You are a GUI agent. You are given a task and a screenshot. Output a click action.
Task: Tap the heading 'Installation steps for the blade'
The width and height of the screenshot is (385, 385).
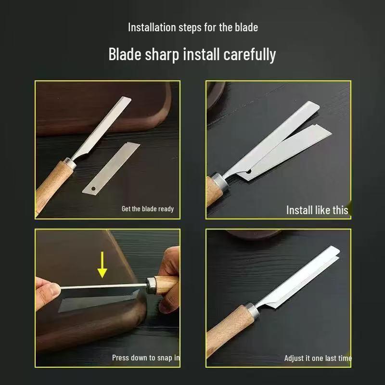(192, 27)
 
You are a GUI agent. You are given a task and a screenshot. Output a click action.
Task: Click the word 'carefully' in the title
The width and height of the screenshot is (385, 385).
(249, 54)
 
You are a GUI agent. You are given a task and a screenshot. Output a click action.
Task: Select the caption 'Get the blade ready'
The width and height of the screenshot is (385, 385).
(147, 209)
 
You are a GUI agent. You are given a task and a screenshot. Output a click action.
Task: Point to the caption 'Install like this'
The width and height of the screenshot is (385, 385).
(317, 209)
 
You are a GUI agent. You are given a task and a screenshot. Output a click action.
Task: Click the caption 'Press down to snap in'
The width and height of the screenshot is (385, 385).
(146, 358)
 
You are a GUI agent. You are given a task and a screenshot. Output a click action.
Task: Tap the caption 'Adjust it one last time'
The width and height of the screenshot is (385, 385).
(318, 358)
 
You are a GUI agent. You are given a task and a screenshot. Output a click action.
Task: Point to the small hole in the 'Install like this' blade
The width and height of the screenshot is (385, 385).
(249, 171)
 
